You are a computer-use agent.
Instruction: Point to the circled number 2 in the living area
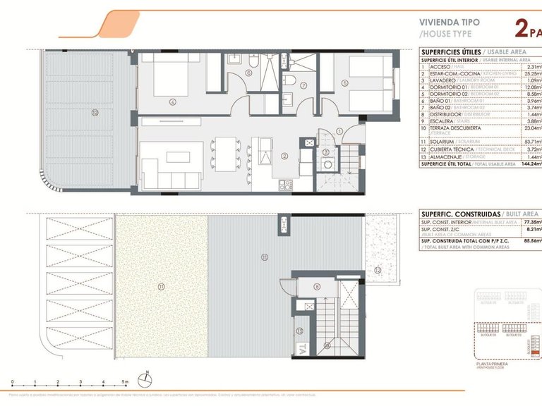click(x=284, y=156)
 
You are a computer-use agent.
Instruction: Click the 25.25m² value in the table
click(x=530, y=73)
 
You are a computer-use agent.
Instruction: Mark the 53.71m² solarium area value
click(x=529, y=142)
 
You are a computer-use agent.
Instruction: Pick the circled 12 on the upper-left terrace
click(x=93, y=111)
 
